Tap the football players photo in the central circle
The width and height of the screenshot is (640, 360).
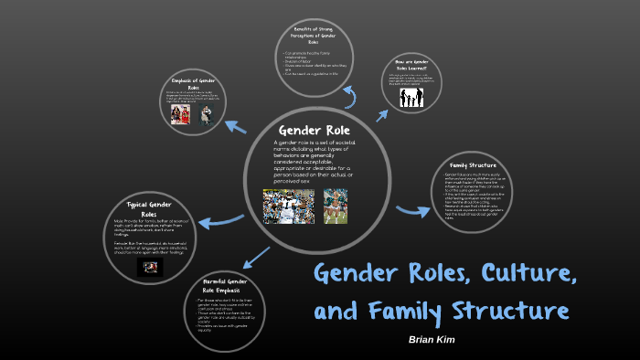point(289,206)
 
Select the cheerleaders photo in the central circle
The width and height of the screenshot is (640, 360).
point(335,206)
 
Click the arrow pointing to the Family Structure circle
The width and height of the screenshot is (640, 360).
point(412,209)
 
